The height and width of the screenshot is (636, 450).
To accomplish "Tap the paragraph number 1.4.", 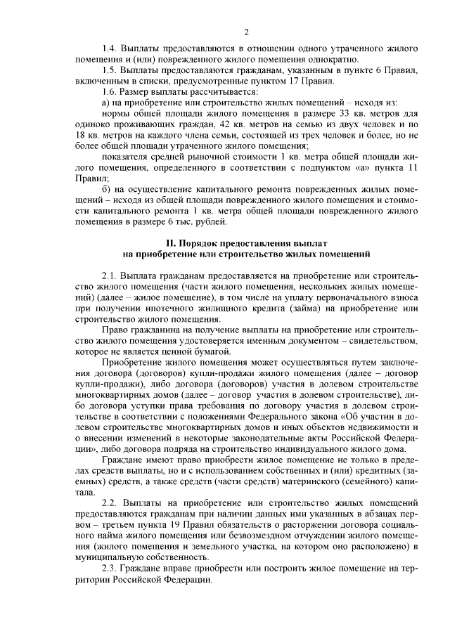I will [x=109, y=48].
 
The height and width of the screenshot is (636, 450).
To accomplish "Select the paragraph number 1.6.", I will [x=109, y=92].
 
